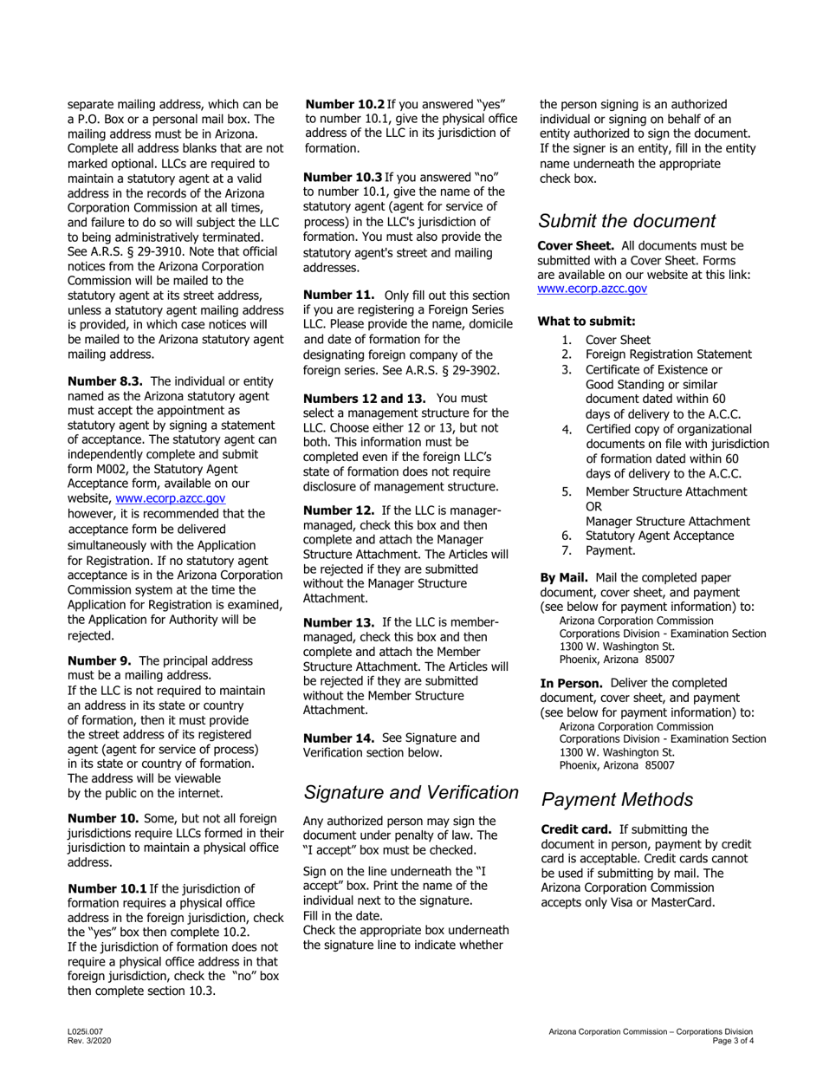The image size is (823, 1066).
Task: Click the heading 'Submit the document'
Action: (627, 221)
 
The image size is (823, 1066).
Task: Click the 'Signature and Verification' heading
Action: (411, 792)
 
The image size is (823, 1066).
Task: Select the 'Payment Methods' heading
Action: (617, 799)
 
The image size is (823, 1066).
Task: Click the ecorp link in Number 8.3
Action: (171, 498)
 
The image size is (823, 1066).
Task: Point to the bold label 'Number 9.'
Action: (99, 660)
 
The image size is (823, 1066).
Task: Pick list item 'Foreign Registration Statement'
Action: (668, 354)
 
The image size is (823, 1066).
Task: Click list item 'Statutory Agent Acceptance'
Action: (659, 536)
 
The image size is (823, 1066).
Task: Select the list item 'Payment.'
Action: (610, 550)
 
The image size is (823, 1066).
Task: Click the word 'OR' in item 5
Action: (594, 506)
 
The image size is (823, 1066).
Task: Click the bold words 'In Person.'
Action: (571, 683)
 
